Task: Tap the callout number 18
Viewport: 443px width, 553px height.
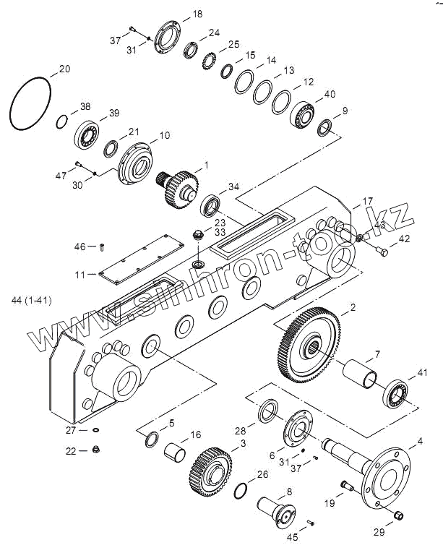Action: [198, 14]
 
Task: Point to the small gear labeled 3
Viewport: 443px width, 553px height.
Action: [210, 470]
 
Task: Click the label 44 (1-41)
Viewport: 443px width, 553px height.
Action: [31, 299]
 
